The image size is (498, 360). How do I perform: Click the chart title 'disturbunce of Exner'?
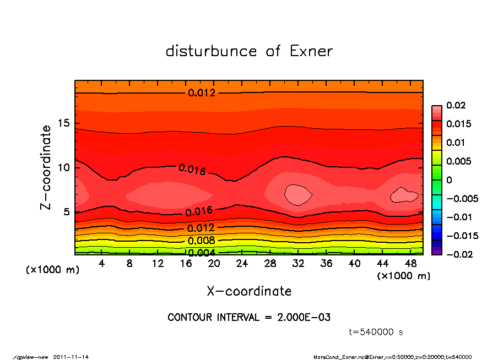(249, 51)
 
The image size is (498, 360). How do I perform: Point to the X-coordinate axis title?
(249, 291)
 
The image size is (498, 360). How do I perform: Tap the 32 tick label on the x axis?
(298, 264)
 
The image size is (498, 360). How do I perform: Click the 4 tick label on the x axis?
(102, 264)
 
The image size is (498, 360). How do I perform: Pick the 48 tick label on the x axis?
(410, 264)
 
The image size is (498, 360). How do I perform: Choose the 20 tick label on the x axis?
(214, 264)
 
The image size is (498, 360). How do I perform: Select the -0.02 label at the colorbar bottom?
(458, 254)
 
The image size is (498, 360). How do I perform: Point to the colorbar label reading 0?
(449, 180)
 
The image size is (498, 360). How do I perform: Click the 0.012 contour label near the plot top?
(202, 92)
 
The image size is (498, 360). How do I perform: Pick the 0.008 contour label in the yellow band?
(201, 241)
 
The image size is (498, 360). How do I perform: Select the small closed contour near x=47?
(404, 195)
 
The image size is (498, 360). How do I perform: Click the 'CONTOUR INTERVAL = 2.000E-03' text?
(249, 318)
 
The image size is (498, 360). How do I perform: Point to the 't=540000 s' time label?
(376, 332)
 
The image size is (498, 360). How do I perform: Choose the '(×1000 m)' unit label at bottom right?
(403, 276)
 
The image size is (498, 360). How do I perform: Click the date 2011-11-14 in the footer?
(71, 357)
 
